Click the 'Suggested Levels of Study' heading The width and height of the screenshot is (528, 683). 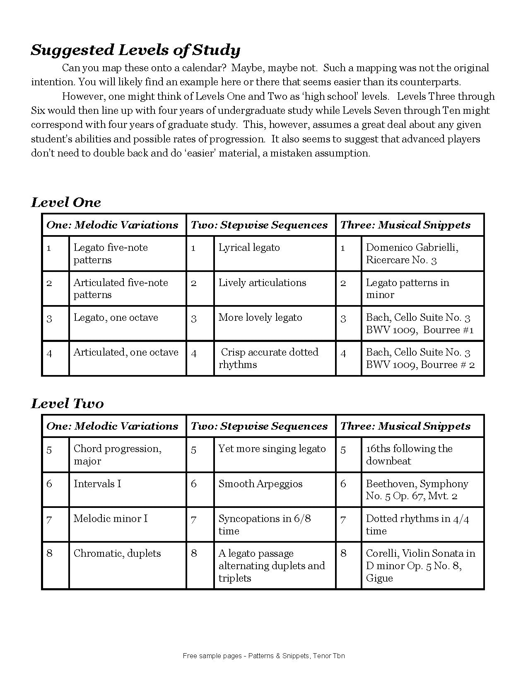click(x=135, y=50)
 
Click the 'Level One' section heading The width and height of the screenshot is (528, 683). click(x=66, y=202)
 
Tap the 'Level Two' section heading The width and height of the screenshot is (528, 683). click(x=67, y=404)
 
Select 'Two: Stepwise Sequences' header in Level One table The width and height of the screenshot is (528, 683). click(x=259, y=225)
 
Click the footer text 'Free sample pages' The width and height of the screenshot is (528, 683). click(x=264, y=656)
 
